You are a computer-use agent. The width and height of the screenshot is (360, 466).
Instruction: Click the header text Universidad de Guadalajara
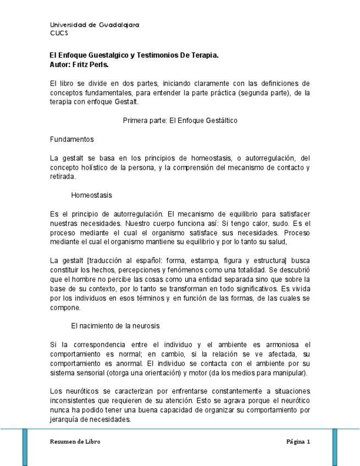pos(94,25)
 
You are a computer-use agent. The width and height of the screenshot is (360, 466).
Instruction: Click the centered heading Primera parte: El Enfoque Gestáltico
pos(180,120)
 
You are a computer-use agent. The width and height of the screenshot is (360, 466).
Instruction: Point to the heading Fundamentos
pos(71,139)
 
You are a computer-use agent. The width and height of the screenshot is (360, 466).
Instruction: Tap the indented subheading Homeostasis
pos(91,195)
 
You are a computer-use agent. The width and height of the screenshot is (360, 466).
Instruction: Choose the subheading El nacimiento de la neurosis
pos(115,326)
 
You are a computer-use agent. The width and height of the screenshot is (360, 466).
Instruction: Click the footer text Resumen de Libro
pos(75,441)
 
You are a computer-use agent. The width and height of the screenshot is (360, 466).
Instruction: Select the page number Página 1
pos(298,441)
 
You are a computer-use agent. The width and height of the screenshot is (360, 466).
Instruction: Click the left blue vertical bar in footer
pos(25,446)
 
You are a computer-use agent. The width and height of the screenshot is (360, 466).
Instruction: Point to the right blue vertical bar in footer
pos(335,446)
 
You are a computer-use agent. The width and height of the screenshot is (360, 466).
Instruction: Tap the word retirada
pos(62,176)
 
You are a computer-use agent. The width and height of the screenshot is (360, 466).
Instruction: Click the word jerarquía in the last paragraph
pos(65,419)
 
